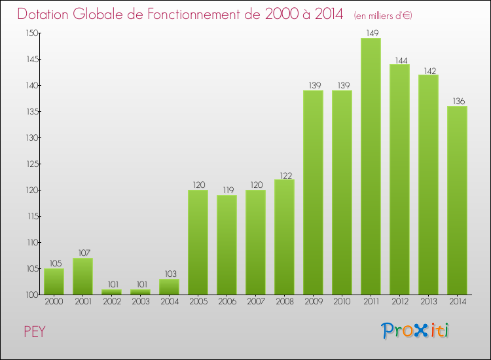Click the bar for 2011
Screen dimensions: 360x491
click(x=371, y=166)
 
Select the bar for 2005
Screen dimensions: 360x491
click(x=198, y=242)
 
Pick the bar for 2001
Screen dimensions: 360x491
click(x=82, y=276)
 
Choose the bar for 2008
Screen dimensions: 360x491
click(x=284, y=237)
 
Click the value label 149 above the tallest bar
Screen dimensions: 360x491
click(x=371, y=33)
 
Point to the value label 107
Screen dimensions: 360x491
click(x=82, y=253)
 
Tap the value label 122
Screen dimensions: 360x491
click(x=284, y=174)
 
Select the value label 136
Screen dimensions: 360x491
click(x=457, y=101)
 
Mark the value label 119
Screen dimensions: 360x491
click(x=227, y=190)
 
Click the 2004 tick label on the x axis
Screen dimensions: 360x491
click(x=169, y=302)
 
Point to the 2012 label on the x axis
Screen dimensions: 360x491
click(x=399, y=302)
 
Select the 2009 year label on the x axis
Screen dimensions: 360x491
click(x=313, y=302)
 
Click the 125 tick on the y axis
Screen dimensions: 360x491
click(x=31, y=164)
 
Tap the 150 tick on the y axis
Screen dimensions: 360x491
click(x=31, y=33)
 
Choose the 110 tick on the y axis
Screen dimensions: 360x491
click(x=31, y=243)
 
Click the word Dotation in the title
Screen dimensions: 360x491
click(x=45, y=14)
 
